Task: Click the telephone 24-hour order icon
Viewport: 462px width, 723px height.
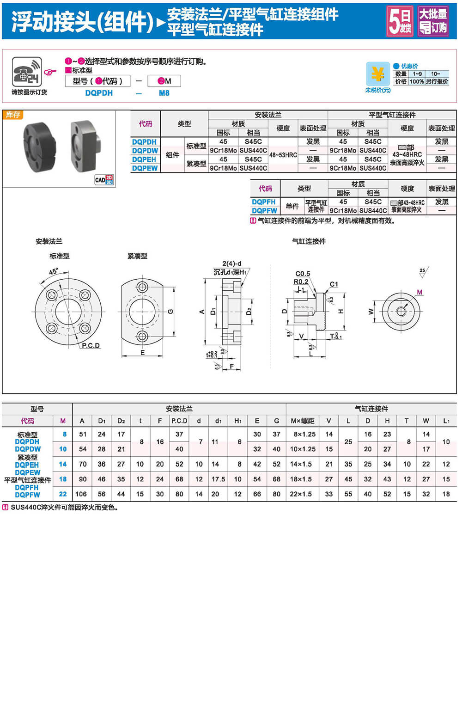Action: click(x=27, y=72)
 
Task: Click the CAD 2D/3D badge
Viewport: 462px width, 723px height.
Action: click(x=104, y=180)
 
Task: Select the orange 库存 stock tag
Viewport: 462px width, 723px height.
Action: click(x=13, y=115)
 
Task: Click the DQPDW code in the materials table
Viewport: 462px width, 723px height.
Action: click(x=145, y=151)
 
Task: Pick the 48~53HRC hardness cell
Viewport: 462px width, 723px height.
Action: click(x=283, y=155)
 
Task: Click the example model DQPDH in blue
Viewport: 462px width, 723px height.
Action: click(x=99, y=93)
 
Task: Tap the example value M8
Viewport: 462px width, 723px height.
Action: click(x=164, y=93)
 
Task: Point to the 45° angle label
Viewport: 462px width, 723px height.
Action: click(x=54, y=272)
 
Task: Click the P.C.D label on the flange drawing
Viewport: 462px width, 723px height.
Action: click(x=91, y=345)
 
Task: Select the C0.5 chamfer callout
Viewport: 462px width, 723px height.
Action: click(x=303, y=274)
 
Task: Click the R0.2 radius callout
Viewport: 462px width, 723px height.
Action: click(x=301, y=282)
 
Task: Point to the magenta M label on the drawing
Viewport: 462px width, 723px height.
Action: click(x=419, y=292)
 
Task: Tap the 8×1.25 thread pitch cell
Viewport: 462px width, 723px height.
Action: click(x=304, y=435)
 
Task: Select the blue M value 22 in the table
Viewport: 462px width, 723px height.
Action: click(x=63, y=494)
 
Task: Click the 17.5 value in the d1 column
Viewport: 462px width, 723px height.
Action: click(x=218, y=479)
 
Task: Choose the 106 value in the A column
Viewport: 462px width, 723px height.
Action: click(x=81, y=494)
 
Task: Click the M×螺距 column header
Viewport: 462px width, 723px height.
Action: click(x=303, y=421)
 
